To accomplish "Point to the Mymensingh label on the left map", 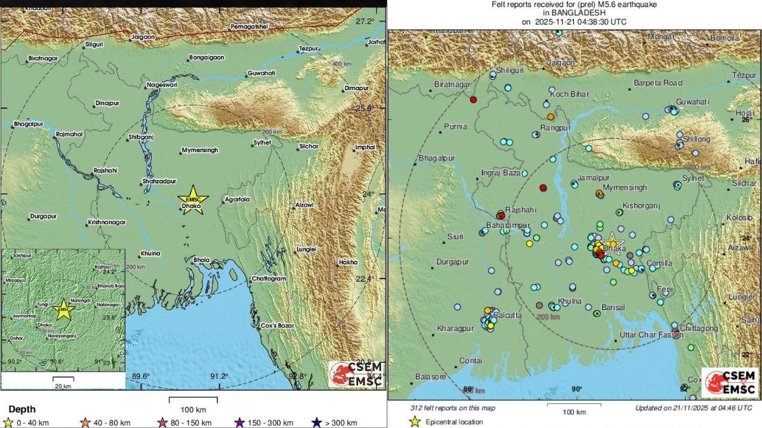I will coord(199,150).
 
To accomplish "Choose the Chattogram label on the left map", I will coord(269,278).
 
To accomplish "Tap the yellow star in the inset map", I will coord(63,309).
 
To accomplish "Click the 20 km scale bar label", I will coord(62,386).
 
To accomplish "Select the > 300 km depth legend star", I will coord(315,423).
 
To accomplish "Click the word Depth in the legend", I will coord(22,410).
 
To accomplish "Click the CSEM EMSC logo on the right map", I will coord(729,383).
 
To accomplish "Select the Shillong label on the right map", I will coord(696,139).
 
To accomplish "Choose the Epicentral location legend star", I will coord(415,422).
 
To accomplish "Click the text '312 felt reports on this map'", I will coord(452,408).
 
